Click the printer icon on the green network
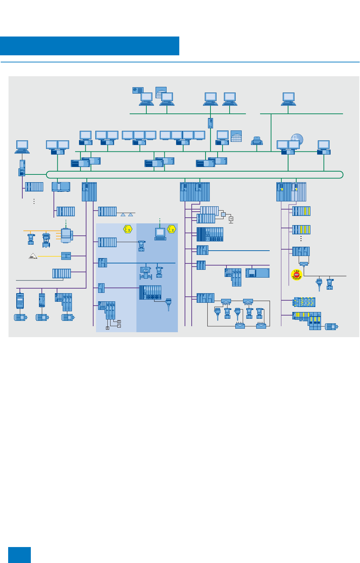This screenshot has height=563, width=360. coord(257,141)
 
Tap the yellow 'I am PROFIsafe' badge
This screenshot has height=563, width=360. coord(297,275)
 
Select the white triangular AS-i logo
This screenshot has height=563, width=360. coord(33,256)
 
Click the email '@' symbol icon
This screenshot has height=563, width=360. coord(138,90)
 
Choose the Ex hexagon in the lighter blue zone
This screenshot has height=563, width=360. coord(128,229)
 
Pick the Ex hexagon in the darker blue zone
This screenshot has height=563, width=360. coord(171,229)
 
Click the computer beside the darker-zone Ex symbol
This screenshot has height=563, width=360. coord(160,234)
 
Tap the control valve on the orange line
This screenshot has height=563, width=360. coord(46,240)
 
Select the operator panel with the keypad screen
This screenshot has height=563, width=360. coord(258,273)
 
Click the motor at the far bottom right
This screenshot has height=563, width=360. coord(331,327)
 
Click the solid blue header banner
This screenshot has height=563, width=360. coord(89,46)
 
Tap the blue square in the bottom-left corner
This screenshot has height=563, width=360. coord(19,554)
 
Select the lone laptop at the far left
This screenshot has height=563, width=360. coord(22,147)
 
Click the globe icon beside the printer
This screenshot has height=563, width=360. coord(236,136)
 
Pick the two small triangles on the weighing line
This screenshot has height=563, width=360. coord(126,215)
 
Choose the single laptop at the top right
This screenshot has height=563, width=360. coord(288,99)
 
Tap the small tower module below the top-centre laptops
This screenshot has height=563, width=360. coord(210,123)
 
